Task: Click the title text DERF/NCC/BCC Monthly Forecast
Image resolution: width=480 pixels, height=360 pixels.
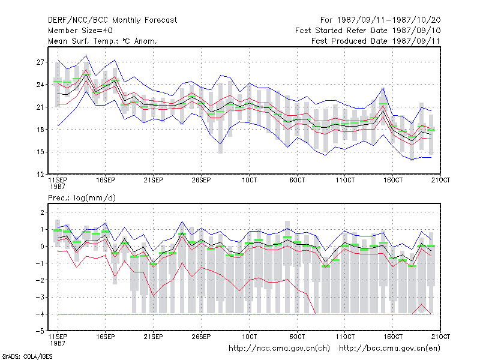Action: (x=112, y=20)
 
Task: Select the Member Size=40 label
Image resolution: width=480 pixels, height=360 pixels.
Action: (x=80, y=31)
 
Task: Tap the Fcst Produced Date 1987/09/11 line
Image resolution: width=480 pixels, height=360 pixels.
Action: (x=376, y=41)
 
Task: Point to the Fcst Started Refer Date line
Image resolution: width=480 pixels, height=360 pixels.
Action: (x=368, y=31)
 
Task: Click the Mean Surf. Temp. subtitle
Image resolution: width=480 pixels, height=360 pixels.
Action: (x=102, y=41)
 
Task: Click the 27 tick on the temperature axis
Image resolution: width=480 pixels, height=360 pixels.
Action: (x=40, y=62)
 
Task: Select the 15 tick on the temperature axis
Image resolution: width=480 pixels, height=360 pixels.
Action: (x=40, y=152)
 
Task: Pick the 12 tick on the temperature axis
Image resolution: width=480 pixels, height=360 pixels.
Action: (x=40, y=175)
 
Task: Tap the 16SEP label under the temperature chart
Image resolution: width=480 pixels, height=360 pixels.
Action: (x=106, y=180)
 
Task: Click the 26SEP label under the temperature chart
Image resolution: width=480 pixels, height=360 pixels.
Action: (x=201, y=180)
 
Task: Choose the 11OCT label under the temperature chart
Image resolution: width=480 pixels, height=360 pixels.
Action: (x=345, y=180)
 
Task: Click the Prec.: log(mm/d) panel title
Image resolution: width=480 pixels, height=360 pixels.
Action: (x=82, y=198)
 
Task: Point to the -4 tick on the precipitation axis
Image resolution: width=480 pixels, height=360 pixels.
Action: (x=40, y=314)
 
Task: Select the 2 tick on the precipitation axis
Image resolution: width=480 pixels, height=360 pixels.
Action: (x=42, y=212)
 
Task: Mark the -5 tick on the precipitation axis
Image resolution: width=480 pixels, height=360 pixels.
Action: (x=40, y=331)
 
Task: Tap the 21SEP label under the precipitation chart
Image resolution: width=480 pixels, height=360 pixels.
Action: (x=153, y=337)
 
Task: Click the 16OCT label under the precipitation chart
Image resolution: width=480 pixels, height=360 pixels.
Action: (x=393, y=337)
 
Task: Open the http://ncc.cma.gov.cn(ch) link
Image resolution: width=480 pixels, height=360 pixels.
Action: (x=279, y=349)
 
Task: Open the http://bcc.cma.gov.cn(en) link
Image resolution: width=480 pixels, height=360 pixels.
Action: (x=389, y=349)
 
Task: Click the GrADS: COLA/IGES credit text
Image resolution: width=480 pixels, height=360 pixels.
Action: (x=27, y=356)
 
